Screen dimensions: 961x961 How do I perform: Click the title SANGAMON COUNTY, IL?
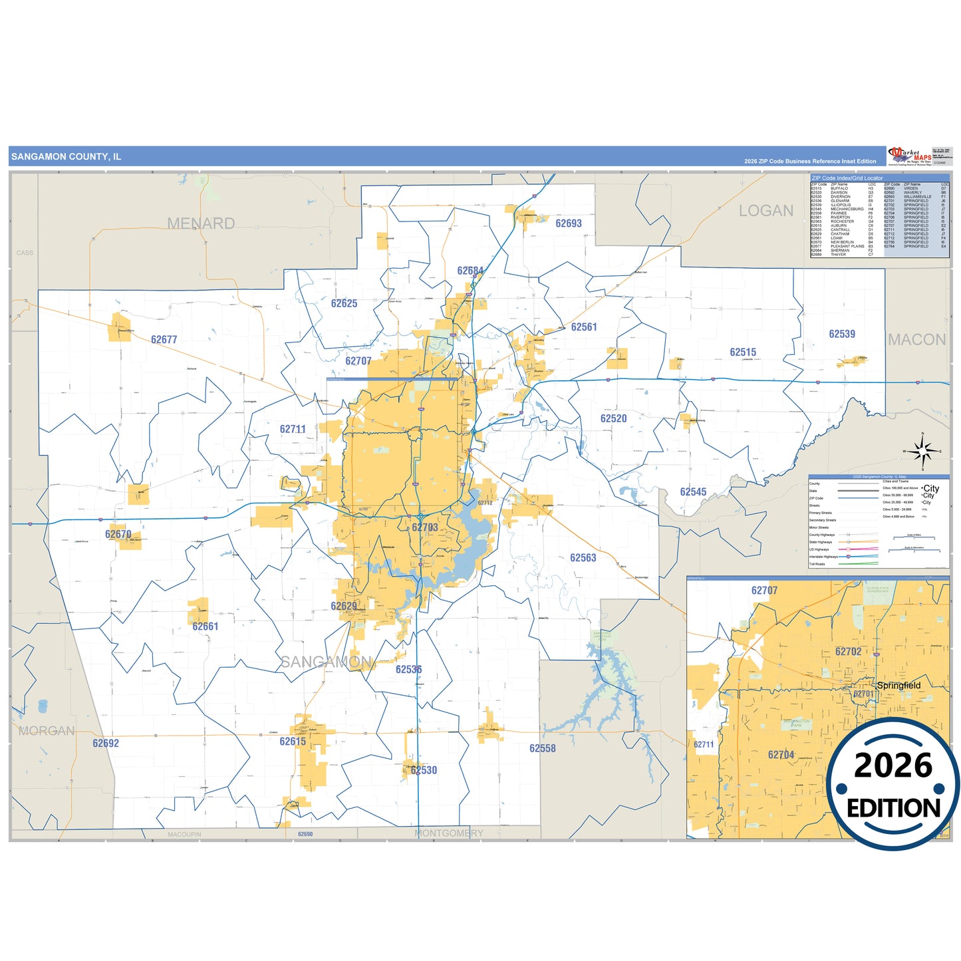[x=66, y=157]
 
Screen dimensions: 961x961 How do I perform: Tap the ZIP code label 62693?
[x=569, y=223]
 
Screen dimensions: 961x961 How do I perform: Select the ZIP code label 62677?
[x=164, y=340]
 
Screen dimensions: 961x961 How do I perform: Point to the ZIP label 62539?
[x=842, y=334]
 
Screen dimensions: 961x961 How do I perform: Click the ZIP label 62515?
[x=743, y=352]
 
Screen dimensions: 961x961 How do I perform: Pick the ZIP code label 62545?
[x=693, y=492]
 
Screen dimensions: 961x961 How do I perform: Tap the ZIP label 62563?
[x=583, y=558]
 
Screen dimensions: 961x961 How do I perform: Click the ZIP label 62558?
[x=543, y=748]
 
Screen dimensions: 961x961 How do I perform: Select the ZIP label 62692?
[x=106, y=744]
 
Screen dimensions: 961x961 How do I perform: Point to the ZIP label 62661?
[x=206, y=626]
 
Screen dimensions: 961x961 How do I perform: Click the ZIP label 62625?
[x=344, y=303]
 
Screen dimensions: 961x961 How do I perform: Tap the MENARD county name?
[x=201, y=223]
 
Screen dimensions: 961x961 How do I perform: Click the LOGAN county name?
[x=766, y=211]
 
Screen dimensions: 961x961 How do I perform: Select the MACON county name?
[x=917, y=340]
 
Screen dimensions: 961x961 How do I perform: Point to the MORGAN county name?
[x=47, y=731]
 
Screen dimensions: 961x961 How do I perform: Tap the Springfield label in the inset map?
[x=899, y=686]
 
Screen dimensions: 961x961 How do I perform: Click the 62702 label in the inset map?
[x=849, y=652]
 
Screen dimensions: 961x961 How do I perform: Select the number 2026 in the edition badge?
[x=893, y=765]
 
